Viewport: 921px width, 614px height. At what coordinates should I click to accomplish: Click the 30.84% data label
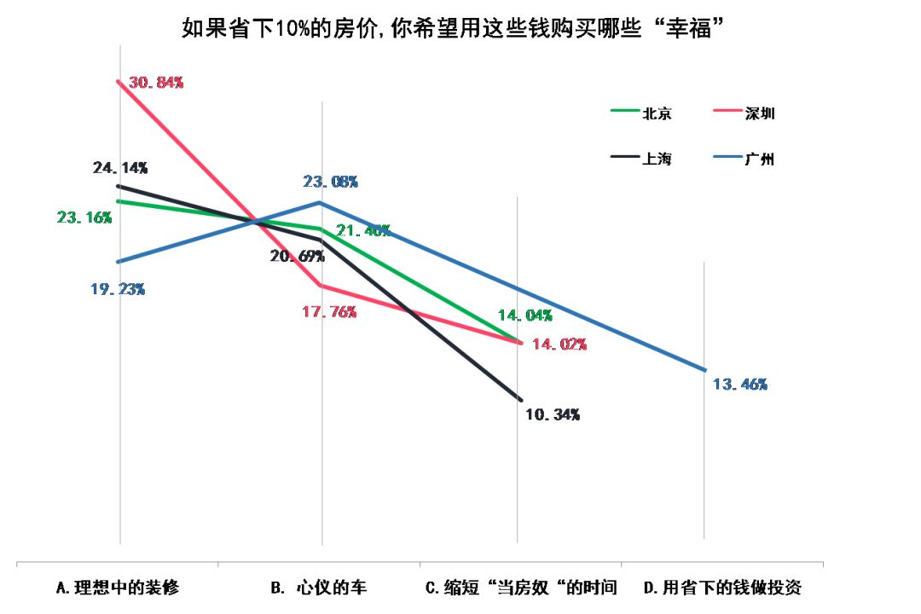pyautogui.click(x=155, y=83)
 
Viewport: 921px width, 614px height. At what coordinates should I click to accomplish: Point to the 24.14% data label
pyautogui.click(x=119, y=167)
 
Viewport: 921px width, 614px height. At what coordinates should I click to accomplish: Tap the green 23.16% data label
pyautogui.click(x=84, y=217)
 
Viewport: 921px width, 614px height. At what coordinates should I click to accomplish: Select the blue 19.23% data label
pyautogui.click(x=118, y=289)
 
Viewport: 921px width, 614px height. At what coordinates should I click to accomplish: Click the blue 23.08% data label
pyautogui.click(x=330, y=182)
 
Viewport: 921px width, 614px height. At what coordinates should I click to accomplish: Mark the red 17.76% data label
pyautogui.click(x=328, y=312)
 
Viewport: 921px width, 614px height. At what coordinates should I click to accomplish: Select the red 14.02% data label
pyautogui.click(x=559, y=345)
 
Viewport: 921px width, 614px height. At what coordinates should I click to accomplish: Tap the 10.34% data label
pyautogui.click(x=553, y=414)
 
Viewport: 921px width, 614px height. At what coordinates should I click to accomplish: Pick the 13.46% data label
pyautogui.click(x=739, y=385)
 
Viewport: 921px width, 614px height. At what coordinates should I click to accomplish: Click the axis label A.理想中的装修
pyautogui.click(x=118, y=588)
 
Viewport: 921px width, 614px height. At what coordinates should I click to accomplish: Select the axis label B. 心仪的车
pyautogui.click(x=318, y=588)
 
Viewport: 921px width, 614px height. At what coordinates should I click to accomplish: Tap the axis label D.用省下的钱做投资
pyautogui.click(x=722, y=588)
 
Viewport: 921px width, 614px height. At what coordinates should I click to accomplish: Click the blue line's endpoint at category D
pyautogui.click(x=705, y=370)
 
